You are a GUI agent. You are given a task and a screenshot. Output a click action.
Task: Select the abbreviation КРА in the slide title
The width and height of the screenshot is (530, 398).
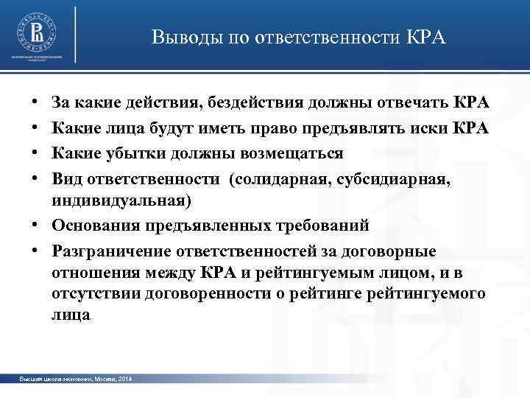426,37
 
